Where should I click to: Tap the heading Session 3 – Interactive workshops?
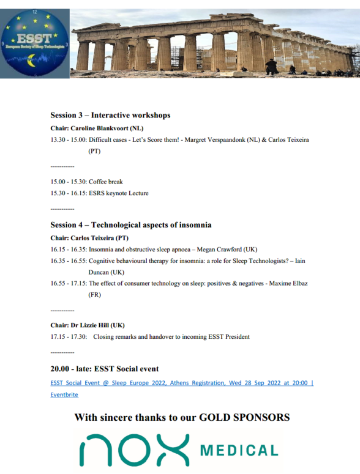(110, 115)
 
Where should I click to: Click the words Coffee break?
(106, 182)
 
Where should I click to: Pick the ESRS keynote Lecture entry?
(119, 193)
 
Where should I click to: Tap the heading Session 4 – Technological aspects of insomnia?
(131, 225)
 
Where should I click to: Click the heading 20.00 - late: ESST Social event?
(105, 369)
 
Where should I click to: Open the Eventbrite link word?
(64, 394)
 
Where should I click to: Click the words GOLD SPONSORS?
(244, 418)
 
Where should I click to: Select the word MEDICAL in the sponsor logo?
(240, 451)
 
